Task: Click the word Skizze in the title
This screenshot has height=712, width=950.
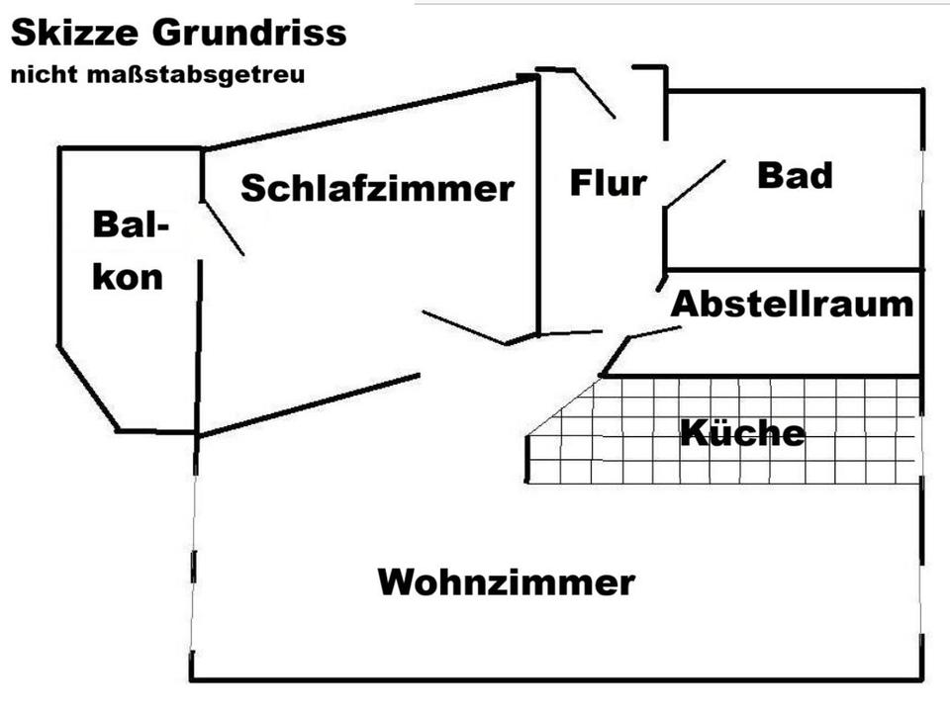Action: (x=75, y=35)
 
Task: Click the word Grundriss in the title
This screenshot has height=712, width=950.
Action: (x=249, y=35)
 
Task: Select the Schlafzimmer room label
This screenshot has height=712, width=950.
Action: (x=377, y=188)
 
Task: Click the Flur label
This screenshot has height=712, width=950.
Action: (x=608, y=183)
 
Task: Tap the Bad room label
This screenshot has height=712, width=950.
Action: (x=795, y=176)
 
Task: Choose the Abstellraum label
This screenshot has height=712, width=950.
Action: (x=792, y=304)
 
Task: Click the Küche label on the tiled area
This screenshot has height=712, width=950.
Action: (x=742, y=433)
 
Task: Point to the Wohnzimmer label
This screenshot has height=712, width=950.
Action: (x=506, y=581)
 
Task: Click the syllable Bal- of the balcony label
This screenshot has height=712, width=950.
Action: (x=129, y=225)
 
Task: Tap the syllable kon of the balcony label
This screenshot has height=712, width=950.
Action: (x=129, y=277)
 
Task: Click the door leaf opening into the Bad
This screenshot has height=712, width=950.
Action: (x=695, y=183)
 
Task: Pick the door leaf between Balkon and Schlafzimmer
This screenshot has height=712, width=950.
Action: (x=224, y=229)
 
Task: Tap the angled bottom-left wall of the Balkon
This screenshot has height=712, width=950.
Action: (x=88, y=389)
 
